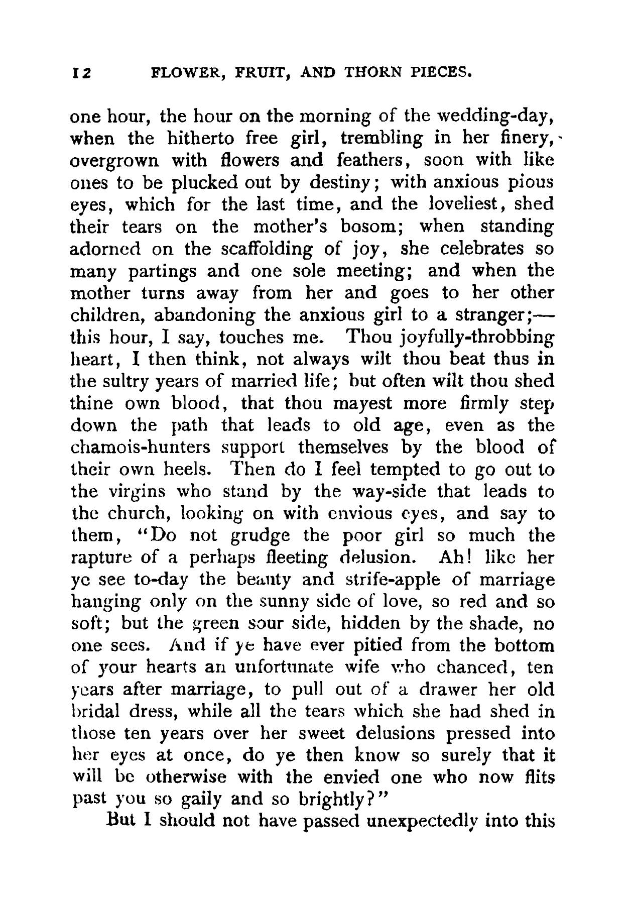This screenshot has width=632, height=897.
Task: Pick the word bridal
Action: click(96, 712)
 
